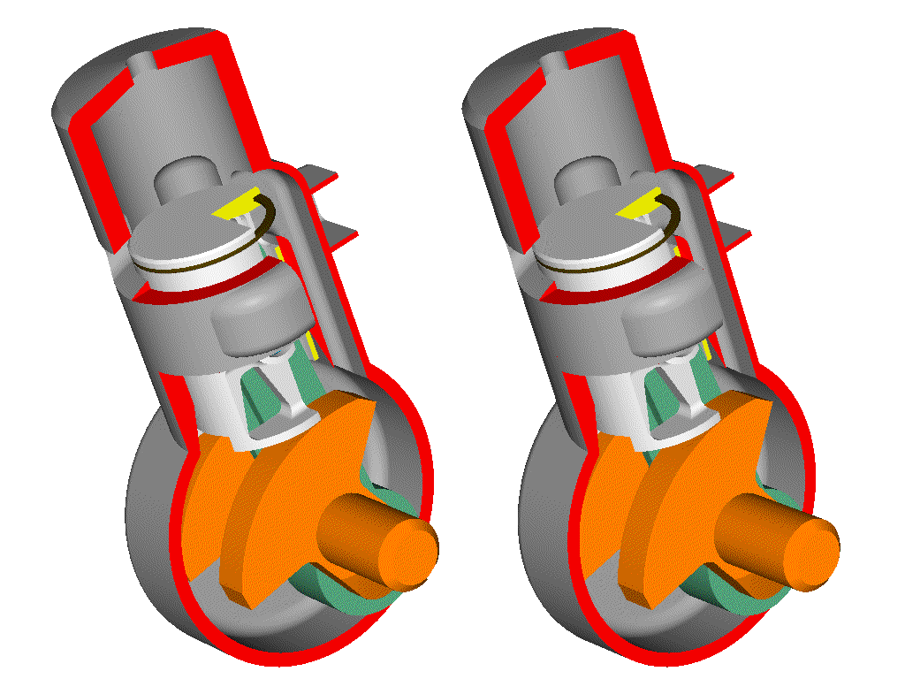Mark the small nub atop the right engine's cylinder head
[x=552, y=64]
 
